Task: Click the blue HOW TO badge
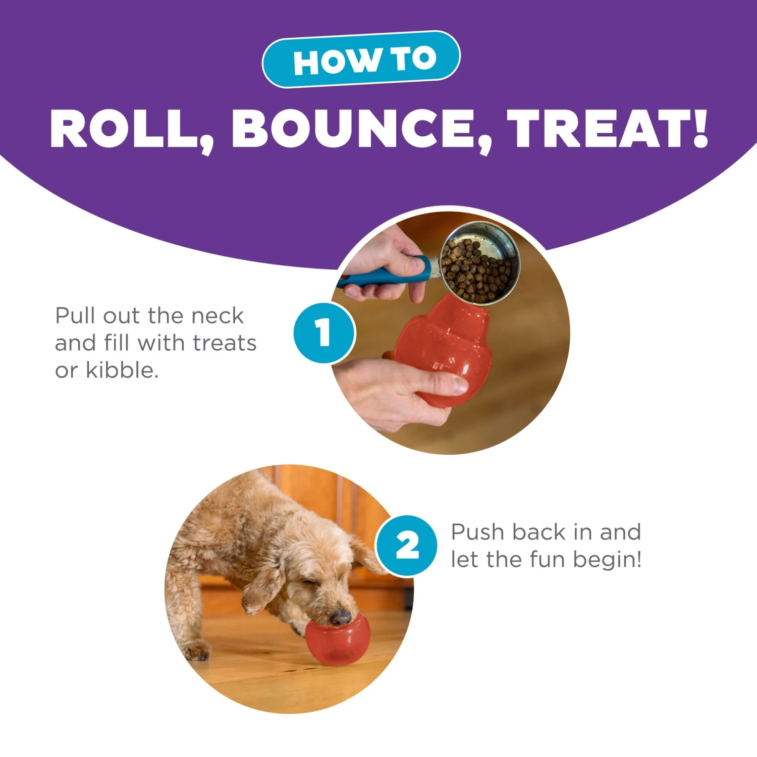361,60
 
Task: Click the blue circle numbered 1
324,333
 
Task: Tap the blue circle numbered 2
407,545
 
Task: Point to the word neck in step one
218,316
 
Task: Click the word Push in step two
477,532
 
